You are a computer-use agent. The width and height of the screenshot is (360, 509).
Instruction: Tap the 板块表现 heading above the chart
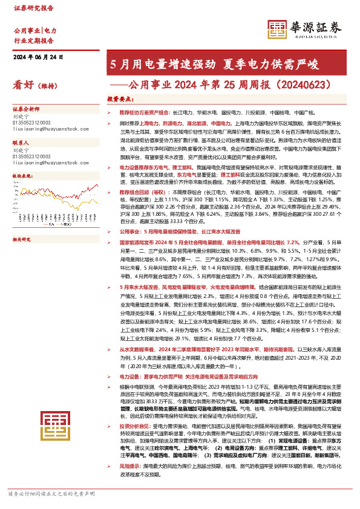pos(22,176)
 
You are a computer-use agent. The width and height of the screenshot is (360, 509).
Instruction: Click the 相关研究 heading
pos(22,223)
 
